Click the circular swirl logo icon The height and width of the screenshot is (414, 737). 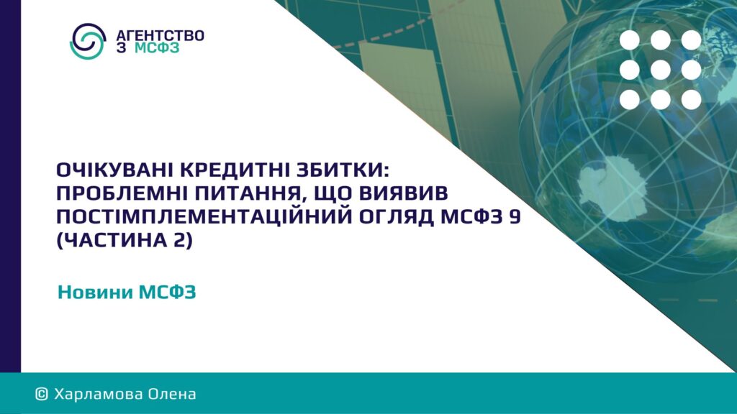[87, 41]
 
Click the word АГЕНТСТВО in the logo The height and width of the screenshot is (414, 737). [160, 35]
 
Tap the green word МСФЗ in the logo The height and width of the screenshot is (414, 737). [157, 48]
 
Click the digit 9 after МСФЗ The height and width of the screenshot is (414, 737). [515, 217]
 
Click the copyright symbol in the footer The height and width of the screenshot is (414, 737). [42, 394]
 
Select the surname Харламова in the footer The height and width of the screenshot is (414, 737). [98, 394]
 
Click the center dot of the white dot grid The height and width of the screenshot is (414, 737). [661, 70]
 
